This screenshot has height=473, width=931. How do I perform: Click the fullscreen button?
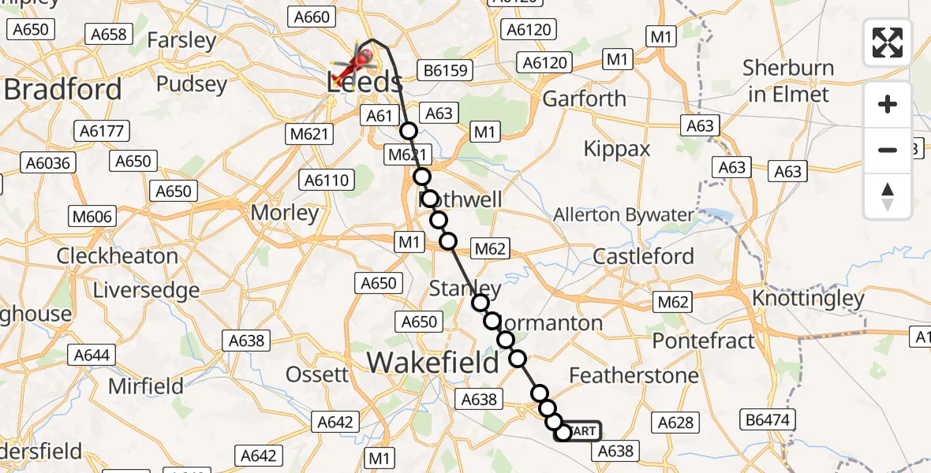tap(888, 43)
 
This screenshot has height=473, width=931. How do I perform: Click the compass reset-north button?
tap(888, 196)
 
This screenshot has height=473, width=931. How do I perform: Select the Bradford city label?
tap(63, 89)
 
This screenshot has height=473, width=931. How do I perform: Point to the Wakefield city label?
tap(432, 362)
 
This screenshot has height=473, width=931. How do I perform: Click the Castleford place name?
tap(643, 256)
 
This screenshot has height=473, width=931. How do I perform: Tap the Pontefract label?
tap(704, 341)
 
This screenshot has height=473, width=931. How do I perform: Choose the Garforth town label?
tap(584, 99)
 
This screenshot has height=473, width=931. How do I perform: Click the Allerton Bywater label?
tap(623, 214)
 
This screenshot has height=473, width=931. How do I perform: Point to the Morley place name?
tap(284, 213)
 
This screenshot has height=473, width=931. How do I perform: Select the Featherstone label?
tap(634, 375)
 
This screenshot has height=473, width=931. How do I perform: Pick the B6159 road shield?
tap(446, 70)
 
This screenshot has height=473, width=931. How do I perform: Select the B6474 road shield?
tap(768, 419)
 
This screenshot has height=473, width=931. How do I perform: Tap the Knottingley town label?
tap(808, 299)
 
